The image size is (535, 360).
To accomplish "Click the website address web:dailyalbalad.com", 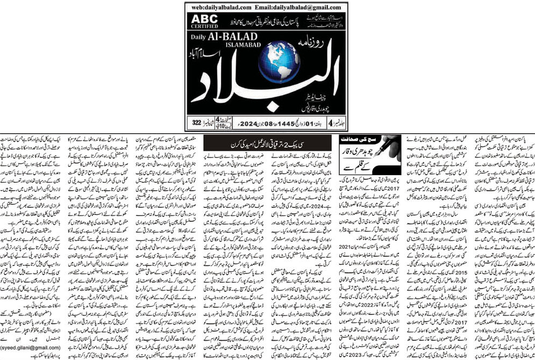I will coord(221,8).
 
